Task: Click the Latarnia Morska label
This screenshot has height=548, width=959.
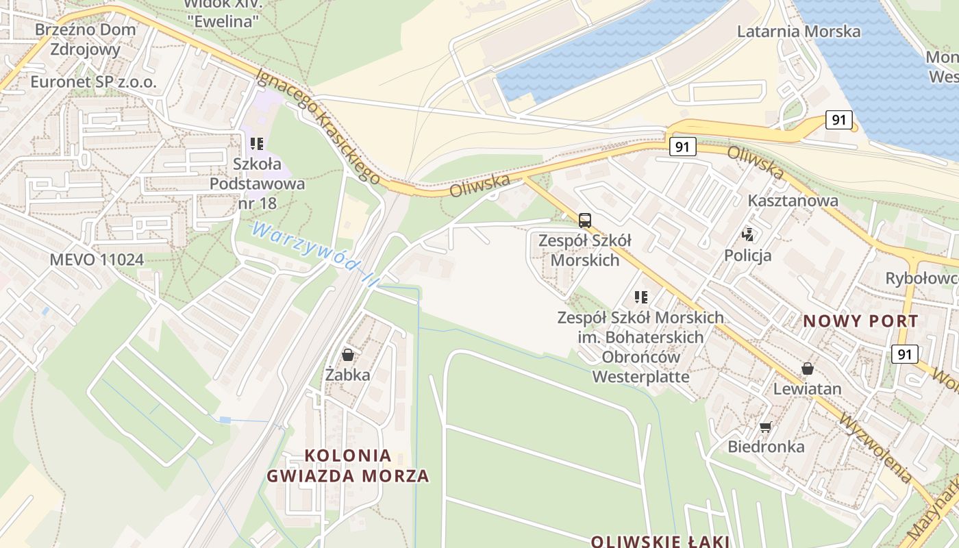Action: point(799,32)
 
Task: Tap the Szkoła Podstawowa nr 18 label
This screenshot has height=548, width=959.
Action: point(258,184)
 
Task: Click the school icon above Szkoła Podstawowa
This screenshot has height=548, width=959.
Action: point(257,144)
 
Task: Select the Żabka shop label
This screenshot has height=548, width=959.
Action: point(348,375)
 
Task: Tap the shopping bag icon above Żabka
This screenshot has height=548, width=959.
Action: point(348,355)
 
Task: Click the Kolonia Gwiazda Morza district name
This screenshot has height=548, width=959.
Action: point(348,465)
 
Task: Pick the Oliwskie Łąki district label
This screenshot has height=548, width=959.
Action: point(660,541)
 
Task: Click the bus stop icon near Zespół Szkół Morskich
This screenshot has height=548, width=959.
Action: point(584,221)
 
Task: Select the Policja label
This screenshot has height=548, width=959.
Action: point(748,256)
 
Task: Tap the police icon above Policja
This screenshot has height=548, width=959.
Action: point(748,235)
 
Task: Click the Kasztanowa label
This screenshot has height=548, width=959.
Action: point(793,201)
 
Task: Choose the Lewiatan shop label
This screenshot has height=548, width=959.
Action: point(808,388)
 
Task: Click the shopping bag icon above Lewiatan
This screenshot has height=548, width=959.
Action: point(808,369)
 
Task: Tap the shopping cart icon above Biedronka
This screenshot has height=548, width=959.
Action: point(765,427)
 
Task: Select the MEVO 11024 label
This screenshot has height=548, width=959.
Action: point(97,260)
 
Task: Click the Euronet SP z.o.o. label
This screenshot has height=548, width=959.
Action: point(94,82)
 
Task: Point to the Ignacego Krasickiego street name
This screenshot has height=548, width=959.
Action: point(319,126)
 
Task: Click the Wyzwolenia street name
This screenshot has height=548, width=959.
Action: point(876,448)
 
